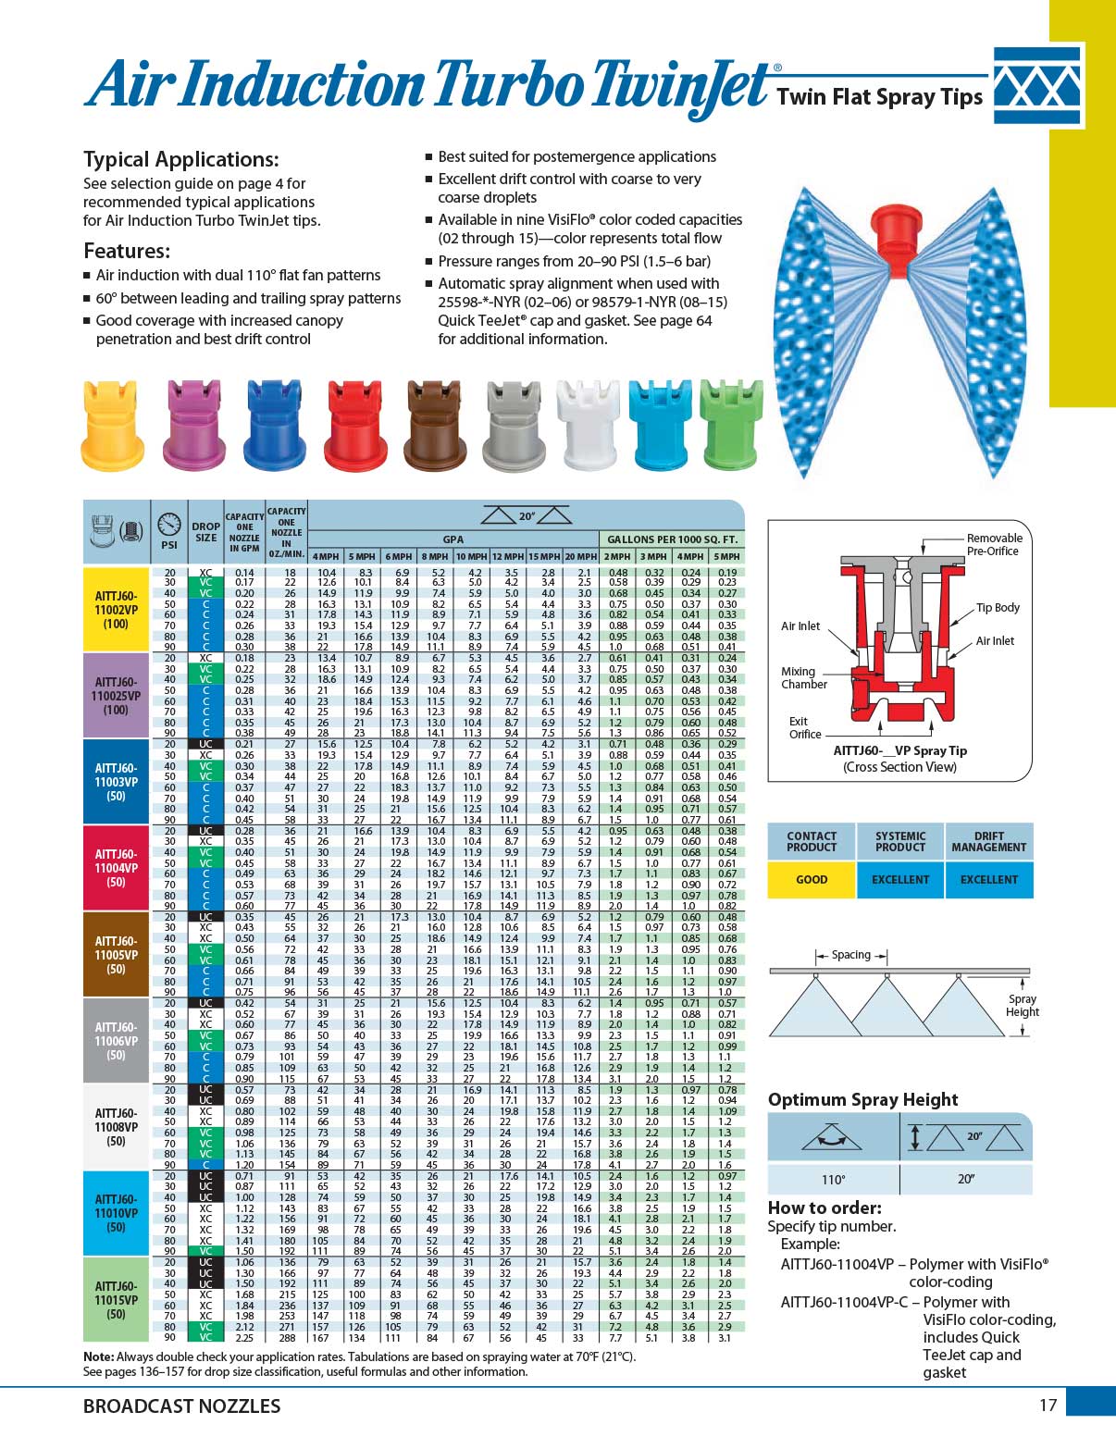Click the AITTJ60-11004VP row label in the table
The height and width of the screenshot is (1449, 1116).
click(116, 868)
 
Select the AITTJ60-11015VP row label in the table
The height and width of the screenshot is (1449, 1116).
click(116, 1299)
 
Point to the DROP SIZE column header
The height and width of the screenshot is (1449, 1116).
click(205, 531)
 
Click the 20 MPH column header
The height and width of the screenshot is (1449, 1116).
click(580, 556)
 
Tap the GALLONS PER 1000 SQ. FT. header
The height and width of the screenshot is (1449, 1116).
click(672, 539)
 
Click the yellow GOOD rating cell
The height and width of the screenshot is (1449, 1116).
click(812, 879)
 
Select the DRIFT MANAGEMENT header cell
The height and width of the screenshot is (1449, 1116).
click(988, 841)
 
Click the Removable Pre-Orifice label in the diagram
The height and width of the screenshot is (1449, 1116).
click(994, 544)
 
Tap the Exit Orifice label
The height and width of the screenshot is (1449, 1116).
click(804, 727)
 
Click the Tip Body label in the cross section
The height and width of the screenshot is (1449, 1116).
click(998, 608)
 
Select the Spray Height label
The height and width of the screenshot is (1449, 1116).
click(1022, 1005)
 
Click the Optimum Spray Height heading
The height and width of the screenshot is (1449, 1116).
click(862, 1099)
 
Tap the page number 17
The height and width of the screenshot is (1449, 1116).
click(1047, 1406)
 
